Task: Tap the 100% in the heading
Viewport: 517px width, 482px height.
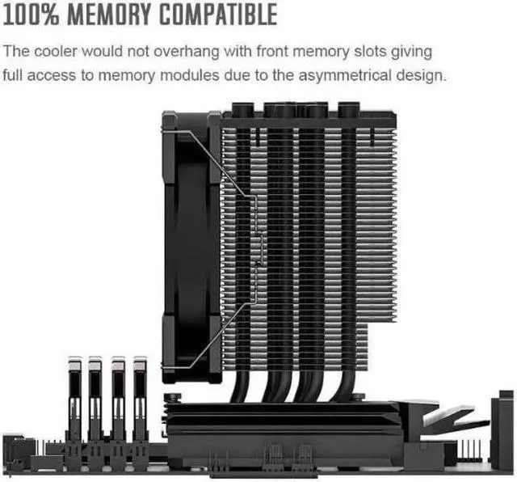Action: [35, 15]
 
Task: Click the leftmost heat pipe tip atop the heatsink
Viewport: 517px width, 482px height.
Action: [242, 109]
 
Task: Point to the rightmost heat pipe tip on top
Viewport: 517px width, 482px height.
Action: [348, 109]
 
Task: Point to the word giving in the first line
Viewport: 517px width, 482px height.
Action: [413, 52]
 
